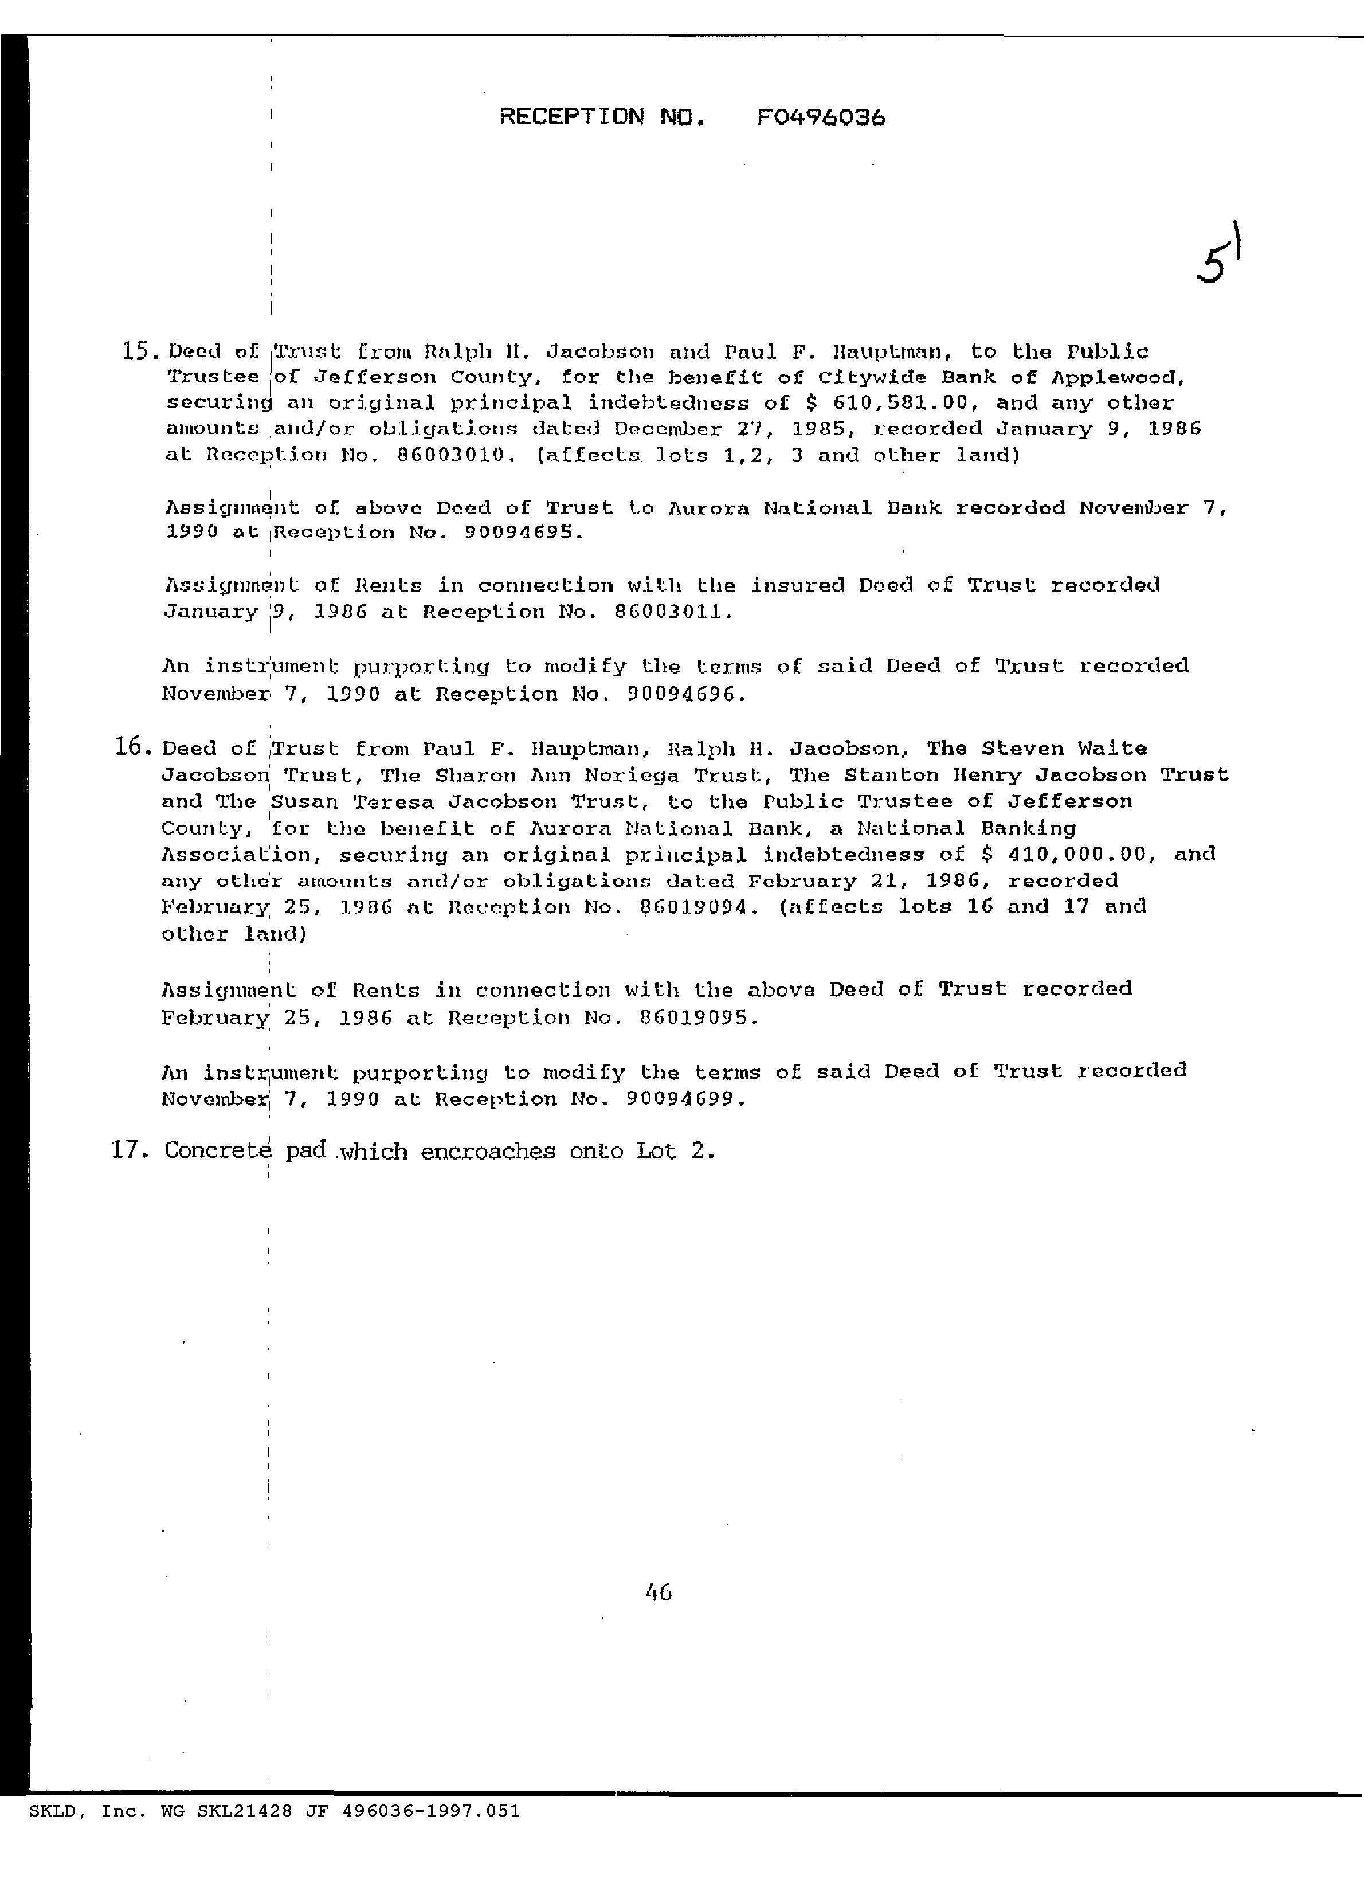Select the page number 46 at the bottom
(657, 1592)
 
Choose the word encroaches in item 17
(488, 1151)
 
